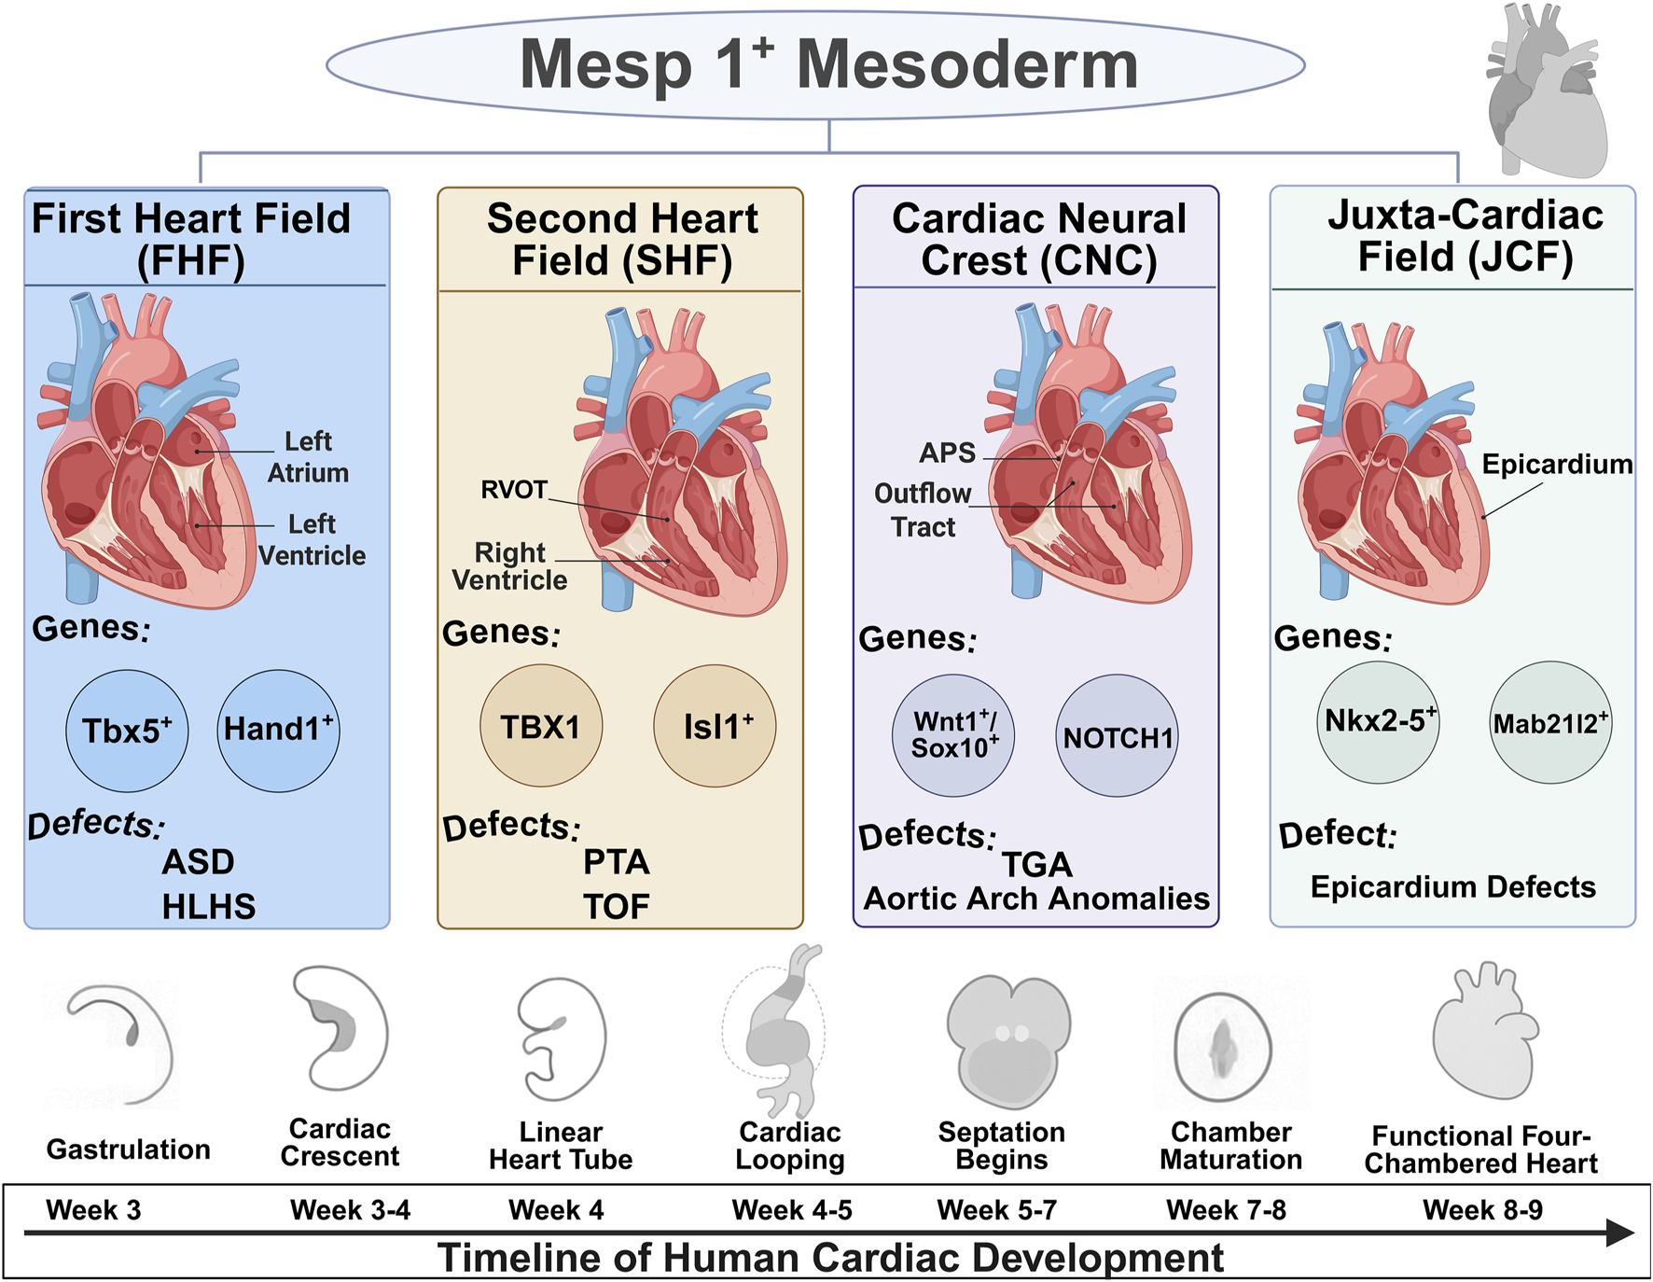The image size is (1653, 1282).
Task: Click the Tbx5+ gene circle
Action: (127, 731)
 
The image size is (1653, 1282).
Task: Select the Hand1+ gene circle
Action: (279, 731)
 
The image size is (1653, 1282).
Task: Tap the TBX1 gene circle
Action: (541, 726)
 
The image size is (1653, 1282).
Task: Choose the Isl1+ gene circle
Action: (715, 726)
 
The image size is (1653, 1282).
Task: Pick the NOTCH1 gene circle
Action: (1117, 736)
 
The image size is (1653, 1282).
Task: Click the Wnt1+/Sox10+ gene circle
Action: (953, 735)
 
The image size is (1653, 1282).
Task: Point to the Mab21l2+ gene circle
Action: (1550, 723)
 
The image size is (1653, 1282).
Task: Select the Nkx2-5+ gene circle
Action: (1379, 722)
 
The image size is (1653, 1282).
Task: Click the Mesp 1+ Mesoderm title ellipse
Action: (816, 65)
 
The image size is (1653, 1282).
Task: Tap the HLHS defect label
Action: (208, 906)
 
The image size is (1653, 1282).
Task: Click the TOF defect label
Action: (616, 906)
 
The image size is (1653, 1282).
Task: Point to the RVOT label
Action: (514, 490)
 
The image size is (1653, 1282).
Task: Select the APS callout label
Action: (948, 453)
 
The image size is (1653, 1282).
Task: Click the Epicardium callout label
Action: (1556, 464)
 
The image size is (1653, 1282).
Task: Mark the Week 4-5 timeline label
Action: (792, 1210)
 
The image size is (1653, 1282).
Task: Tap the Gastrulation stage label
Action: (129, 1150)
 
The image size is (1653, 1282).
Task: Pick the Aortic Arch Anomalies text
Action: (1036, 899)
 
